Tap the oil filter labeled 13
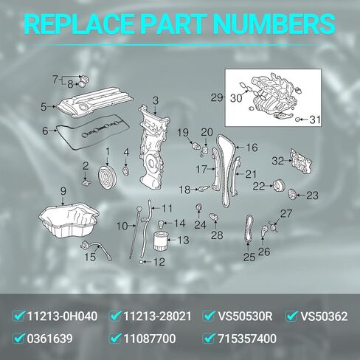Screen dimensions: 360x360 click(x=162, y=241)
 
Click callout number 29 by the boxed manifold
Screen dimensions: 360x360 click(x=216, y=97)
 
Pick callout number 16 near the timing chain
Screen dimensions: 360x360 click(x=252, y=148)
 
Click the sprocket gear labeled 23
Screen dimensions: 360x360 click(x=292, y=195)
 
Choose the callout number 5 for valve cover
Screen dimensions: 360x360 click(x=44, y=106)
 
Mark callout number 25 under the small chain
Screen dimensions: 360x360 click(x=249, y=257)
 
